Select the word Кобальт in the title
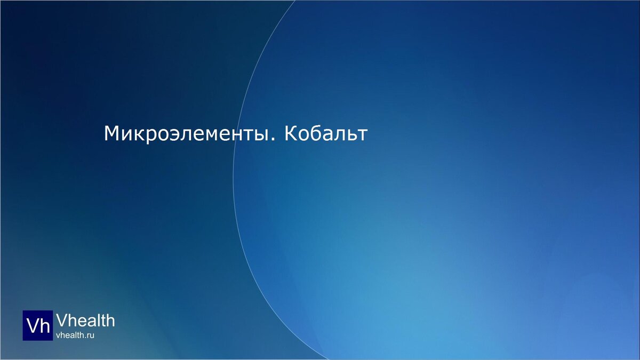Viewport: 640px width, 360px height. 326,134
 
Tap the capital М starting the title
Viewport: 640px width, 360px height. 111,134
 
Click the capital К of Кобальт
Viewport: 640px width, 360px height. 291,134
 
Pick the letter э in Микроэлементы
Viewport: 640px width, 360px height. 171,135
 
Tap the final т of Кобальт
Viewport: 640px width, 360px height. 363,135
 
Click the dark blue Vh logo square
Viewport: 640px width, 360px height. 38,325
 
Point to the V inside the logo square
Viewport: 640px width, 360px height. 33,326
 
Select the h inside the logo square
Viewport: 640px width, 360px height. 45,326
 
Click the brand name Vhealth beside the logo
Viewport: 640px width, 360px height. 85,320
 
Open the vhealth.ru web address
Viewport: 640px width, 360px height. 75,335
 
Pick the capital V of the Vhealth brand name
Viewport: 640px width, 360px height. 61,320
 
